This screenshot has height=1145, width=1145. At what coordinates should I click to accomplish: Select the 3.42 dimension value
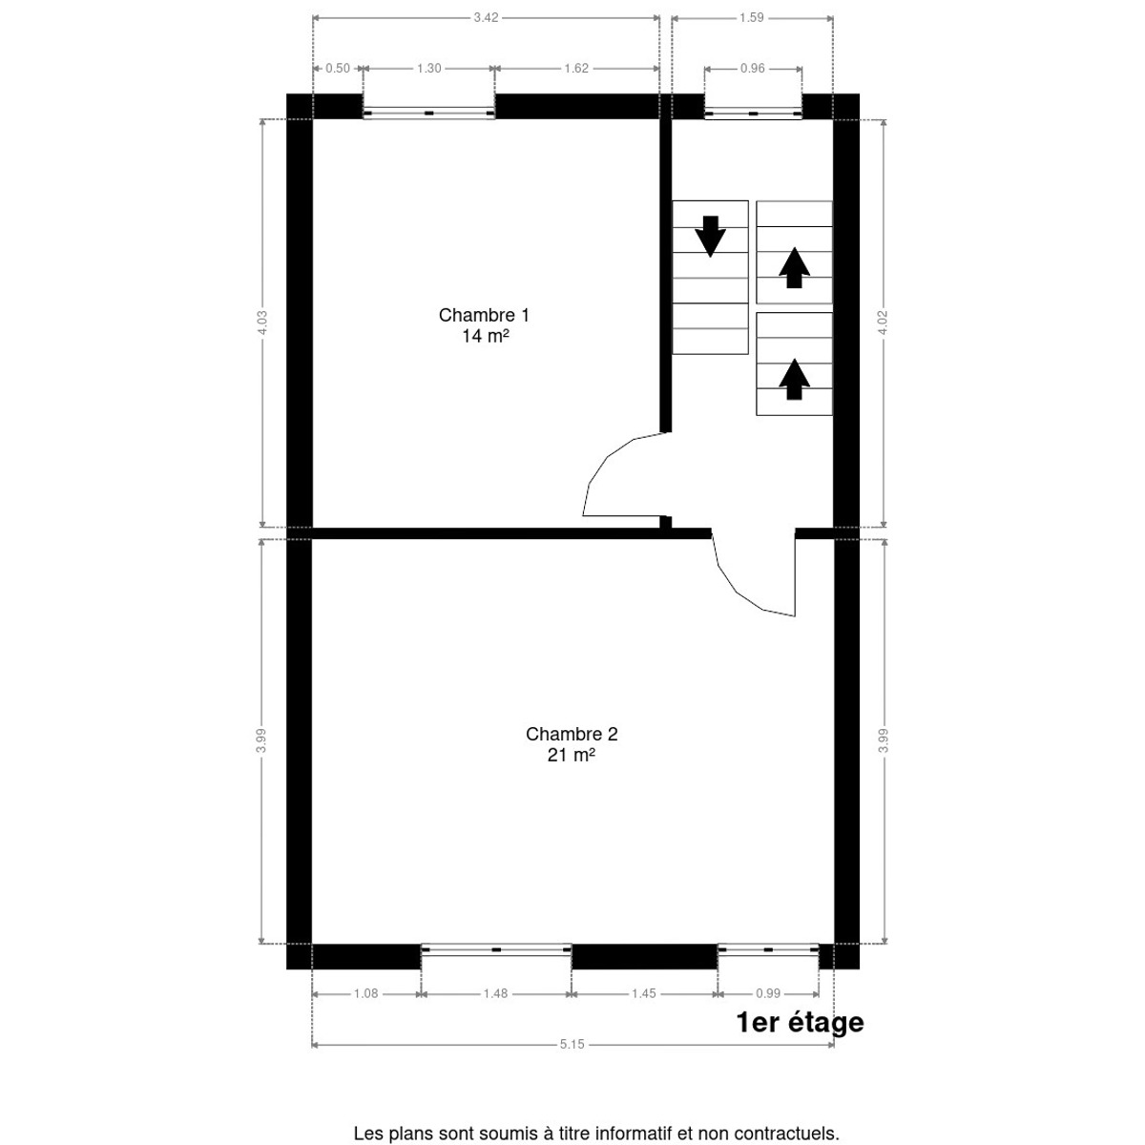pyautogui.click(x=486, y=18)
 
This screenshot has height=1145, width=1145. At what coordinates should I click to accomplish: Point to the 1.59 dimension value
pyautogui.click(x=751, y=18)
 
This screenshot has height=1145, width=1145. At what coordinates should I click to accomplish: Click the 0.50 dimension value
pyautogui.click(x=338, y=69)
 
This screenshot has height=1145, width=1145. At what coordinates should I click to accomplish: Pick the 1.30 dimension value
pyautogui.click(x=428, y=69)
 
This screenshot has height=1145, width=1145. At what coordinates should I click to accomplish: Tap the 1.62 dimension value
pyautogui.click(x=575, y=69)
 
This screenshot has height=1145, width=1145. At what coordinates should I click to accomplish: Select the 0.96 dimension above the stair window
pyautogui.click(x=752, y=69)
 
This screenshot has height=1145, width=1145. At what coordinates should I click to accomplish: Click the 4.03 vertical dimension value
pyautogui.click(x=262, y=323)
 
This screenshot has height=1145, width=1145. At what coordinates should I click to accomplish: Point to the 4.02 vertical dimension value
pyautogui.click(x=883, y=323)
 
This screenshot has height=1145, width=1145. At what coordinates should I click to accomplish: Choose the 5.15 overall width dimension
pyautogui.click(x=572, y=1044)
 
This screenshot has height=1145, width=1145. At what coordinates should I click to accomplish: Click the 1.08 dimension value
pyautogui.click(x=365, y=993)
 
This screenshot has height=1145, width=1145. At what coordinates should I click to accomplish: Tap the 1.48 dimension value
pyautogui.click(x=495, y=993)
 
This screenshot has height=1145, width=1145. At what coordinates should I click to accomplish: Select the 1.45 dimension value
pyautogui.click(x=643, y=993)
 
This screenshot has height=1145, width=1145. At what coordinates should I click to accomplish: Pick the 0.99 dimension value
pyautogui.click(x=768, y=993)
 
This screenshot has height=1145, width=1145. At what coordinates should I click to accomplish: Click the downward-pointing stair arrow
pyautogui.click(x=711, y=236)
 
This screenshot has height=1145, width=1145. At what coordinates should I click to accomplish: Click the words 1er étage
pyautogui.click(x=800, y=1023)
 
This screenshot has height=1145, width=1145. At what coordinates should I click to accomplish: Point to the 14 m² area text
pyautogui.click(x=486, y=336)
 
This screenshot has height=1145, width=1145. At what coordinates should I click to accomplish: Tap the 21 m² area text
pyautogui.click(x=572, y=755)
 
